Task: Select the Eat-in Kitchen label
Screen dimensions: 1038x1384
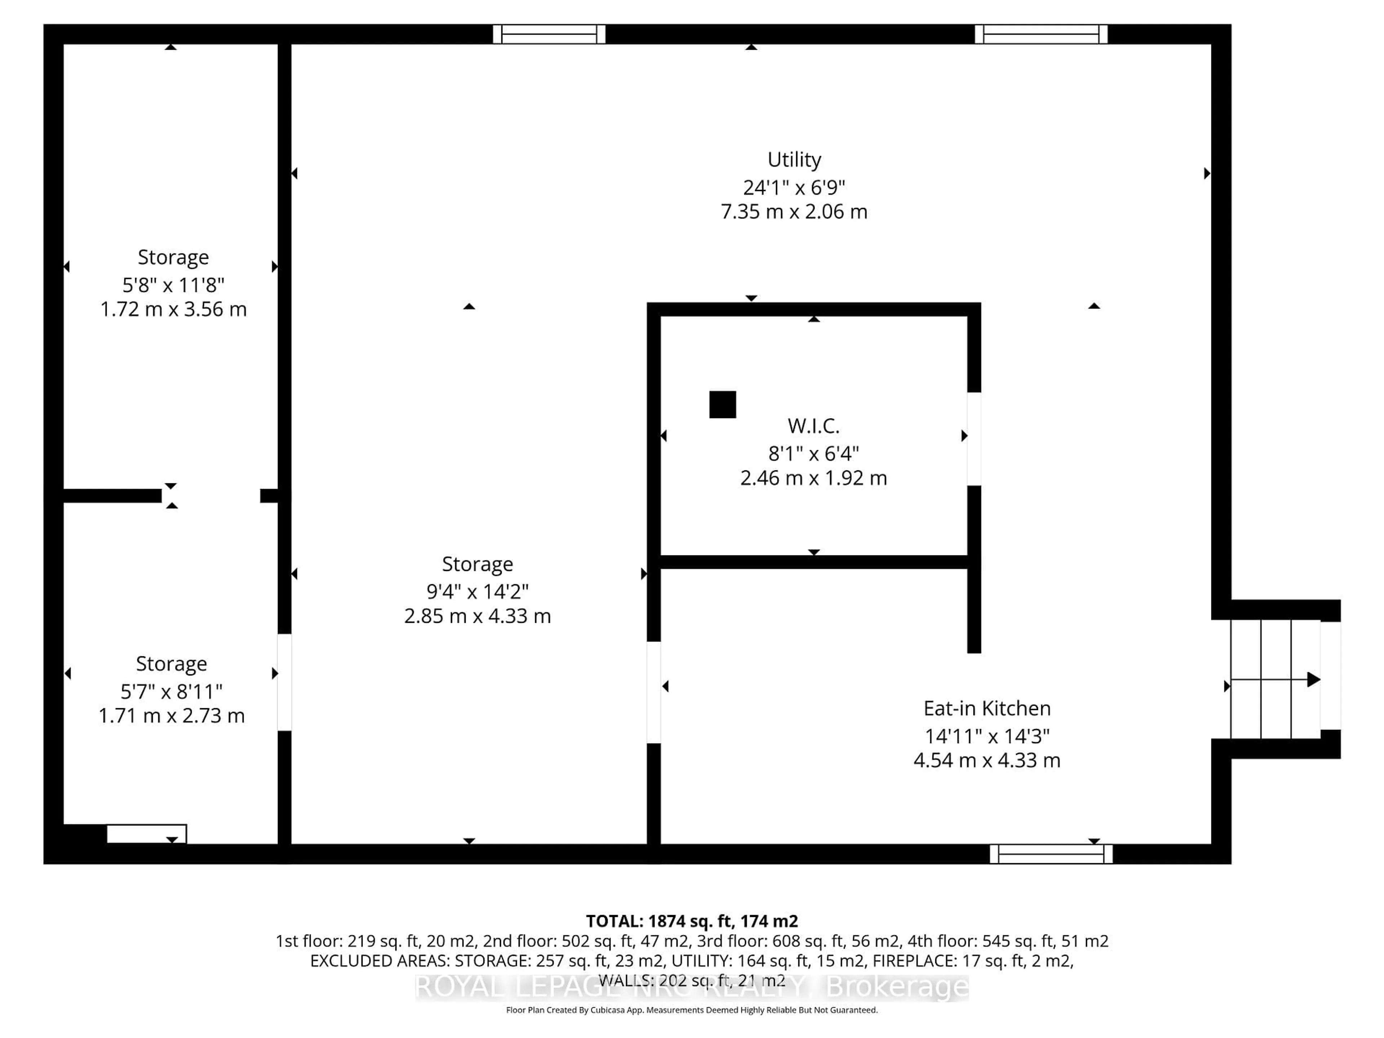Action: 987,708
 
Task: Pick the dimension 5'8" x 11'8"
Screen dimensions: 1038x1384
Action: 173,285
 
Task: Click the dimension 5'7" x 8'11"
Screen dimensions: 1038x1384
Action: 172,691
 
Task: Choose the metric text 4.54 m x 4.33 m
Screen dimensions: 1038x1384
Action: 987,760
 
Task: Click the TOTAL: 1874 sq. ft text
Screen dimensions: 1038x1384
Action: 691,921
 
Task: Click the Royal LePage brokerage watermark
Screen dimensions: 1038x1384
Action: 691,987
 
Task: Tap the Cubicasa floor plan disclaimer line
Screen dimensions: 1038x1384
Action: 691,1010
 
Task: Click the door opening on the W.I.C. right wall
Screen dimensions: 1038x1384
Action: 973,439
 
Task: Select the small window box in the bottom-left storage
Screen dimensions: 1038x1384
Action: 146,833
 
